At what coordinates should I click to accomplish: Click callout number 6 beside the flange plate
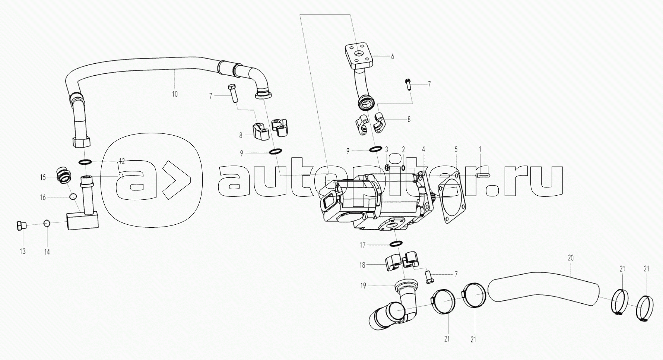tap(392, 57)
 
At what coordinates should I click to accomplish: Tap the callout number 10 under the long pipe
tap(175, 94)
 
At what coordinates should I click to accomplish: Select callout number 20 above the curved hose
tap(571, 258)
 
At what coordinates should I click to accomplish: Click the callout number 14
tap(47, 252)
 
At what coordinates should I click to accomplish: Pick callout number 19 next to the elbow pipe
tap(363, 286)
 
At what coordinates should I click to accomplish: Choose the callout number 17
tap(362, 245)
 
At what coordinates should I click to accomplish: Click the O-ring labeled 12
tap(85, 162)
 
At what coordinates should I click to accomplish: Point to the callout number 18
tap(362, 265)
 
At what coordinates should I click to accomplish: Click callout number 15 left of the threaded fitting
tap(43, 177)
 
